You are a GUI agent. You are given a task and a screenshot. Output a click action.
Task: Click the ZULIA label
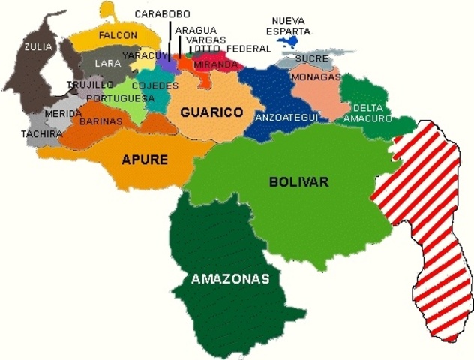38,46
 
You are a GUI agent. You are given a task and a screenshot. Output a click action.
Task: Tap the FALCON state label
118,35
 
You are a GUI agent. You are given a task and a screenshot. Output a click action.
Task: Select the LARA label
107,64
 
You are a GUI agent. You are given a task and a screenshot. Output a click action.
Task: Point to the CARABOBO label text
162,13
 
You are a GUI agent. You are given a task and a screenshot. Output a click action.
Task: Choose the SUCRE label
311,58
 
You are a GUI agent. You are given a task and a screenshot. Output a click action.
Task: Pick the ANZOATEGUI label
287,117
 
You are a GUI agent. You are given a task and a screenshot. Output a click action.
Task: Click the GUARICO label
211,112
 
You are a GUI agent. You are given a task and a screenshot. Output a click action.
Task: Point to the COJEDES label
155,85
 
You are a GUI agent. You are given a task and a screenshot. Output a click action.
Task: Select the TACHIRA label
42,134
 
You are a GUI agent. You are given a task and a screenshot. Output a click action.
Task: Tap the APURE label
145,159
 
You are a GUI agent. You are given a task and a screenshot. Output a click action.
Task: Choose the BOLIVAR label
298,181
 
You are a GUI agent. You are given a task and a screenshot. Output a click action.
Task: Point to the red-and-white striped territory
424,225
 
